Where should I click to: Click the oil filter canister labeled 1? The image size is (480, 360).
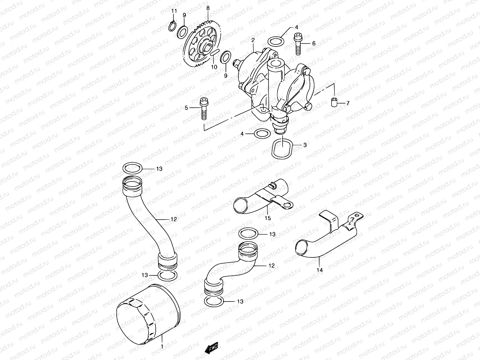click(148, 315)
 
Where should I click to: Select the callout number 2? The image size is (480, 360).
click(253, 40)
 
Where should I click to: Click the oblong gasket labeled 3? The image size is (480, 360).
click(282, 148)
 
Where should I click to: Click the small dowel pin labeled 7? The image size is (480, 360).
click(333, 102)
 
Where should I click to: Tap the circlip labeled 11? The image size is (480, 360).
click(172, 26)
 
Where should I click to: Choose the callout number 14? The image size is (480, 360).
click(319, 270)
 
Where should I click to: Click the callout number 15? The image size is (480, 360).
click(268, 218)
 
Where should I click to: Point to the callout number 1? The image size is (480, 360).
click(162, 346)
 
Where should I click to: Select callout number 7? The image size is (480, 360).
click(348, 103)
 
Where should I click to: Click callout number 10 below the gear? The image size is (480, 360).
click(214, 67)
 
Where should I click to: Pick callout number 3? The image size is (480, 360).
click(305, 145)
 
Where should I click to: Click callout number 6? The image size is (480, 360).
click(313, 43)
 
